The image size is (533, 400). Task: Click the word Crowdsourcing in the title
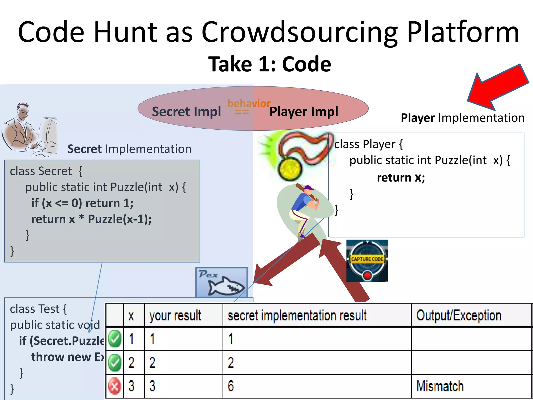pos(299,33)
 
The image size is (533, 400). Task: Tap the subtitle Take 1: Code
pos(270,64)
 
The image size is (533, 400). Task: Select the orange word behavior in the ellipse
pos(249,103)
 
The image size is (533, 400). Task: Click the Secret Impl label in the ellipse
pos(186,112)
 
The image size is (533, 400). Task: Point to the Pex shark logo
pos(221,283)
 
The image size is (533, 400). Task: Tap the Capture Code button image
pos(367,261)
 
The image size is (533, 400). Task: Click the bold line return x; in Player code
pos(401,178)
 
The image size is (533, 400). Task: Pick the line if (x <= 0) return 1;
pos(82,203)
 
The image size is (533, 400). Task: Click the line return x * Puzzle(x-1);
pos(91,219)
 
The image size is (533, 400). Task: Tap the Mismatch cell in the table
pos(440,386)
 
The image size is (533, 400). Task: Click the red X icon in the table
pos(115,386)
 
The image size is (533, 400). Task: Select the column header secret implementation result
pos(297,316)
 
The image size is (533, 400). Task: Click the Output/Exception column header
pos(459,316)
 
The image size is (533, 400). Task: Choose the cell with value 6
pos(231,386)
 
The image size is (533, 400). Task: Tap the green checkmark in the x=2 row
pos(115,362)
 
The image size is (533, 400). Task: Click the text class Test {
pos(38,309)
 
